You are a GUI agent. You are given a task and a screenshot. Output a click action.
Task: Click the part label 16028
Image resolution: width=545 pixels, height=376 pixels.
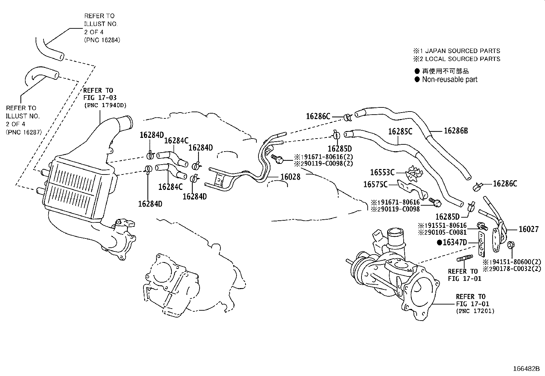tap(290, 177)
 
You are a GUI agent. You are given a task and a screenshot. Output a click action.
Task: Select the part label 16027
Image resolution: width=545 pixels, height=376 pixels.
tap(529, 229)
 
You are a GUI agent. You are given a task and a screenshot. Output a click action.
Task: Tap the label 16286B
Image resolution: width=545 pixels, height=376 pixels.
tap(456, 130)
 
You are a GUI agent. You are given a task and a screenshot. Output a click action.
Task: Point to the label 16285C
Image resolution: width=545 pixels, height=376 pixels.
tap(400, 131)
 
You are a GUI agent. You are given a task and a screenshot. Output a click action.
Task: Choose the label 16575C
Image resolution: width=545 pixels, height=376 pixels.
tap(375, 184)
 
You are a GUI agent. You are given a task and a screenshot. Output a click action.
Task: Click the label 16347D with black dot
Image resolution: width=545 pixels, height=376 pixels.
tap(452, 243)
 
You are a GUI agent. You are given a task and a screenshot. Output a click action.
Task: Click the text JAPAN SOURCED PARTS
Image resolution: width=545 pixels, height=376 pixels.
tap(462, 51)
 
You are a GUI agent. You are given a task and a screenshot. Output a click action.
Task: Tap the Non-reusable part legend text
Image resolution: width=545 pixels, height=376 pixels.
tap(449, 79)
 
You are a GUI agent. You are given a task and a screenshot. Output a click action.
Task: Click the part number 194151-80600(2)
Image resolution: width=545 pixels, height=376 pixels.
tap(512, 262)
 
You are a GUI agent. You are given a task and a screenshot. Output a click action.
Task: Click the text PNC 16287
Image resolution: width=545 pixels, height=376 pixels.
tap(24, 132)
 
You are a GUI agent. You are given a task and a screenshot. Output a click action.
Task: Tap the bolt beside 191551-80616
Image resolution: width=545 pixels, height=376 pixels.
tap(482, 225)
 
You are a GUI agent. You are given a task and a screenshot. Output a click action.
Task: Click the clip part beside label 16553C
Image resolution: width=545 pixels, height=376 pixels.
tap(414, 173)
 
